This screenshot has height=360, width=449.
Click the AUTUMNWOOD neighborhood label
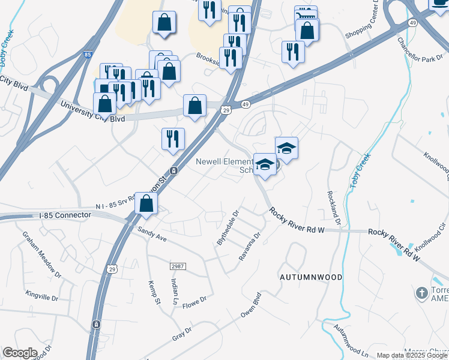point(311,277)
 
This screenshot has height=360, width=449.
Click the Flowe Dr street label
point(194,299)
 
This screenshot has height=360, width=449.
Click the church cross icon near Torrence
point(422,294)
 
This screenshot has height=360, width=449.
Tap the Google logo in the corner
point(20,352)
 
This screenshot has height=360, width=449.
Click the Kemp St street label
point(152,290)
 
